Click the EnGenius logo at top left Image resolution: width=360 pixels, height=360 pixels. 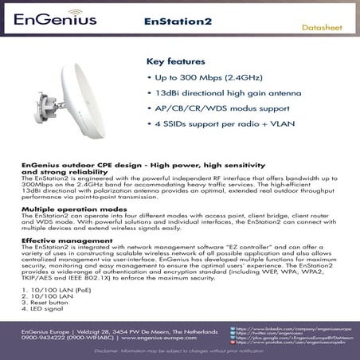[53, 17]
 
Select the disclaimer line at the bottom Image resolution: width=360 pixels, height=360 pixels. [179, 350]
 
